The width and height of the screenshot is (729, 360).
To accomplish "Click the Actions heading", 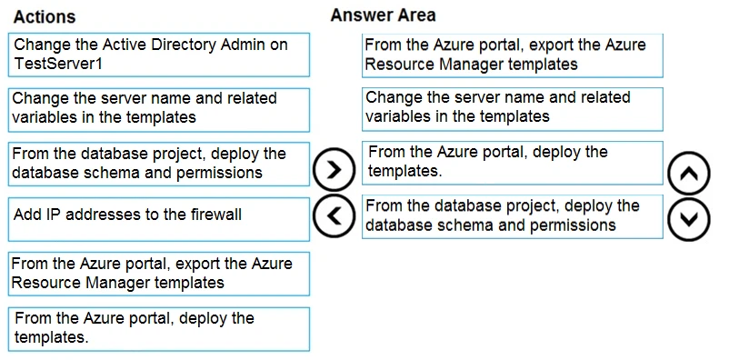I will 45,17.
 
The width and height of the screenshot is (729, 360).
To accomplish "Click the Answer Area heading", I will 383,15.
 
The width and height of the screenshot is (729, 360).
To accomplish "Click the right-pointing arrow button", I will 334,169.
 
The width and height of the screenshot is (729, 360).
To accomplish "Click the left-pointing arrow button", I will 334,215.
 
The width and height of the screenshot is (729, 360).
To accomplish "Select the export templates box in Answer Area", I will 512,55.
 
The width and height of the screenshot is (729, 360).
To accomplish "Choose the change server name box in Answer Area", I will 512,107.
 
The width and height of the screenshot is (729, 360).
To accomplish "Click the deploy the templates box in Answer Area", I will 512,162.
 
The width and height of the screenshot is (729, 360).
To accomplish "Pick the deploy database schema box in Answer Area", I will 512,216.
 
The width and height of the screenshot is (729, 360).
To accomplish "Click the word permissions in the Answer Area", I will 571,225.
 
